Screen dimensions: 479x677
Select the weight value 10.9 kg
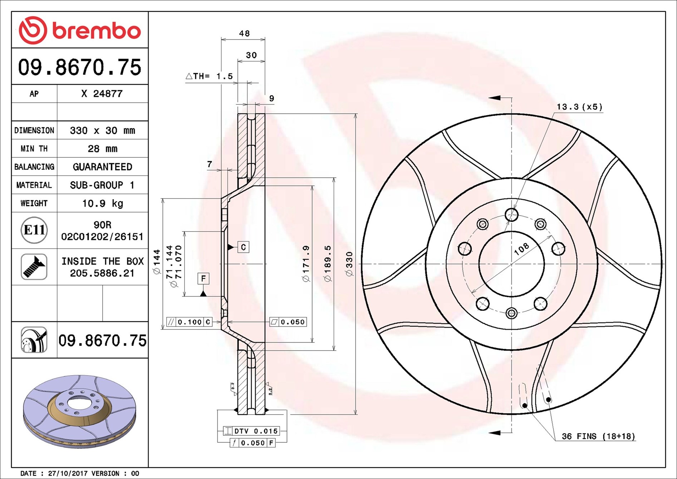(103, 204)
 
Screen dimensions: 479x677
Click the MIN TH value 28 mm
(103, 149)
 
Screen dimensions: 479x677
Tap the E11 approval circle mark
(34, 230)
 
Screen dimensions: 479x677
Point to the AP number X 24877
(102, 94)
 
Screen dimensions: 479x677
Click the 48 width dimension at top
(244, 34)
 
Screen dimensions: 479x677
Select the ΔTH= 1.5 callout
(209, 76)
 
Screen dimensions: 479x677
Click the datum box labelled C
(243, 247)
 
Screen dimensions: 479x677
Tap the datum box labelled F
(203, 279)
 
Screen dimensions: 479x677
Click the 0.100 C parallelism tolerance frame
(189, 322)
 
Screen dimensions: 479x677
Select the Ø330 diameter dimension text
(349, 264)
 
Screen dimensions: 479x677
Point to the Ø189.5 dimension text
(328, 263)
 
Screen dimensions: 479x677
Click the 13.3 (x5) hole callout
(579, 107)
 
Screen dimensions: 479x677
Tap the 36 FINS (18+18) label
(598, 436)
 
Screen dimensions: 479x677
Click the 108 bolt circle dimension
(521, 249)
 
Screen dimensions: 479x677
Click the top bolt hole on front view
(511, 215)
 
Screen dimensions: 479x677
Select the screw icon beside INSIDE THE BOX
(34, 267)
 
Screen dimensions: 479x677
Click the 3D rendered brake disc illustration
(79, 411)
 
